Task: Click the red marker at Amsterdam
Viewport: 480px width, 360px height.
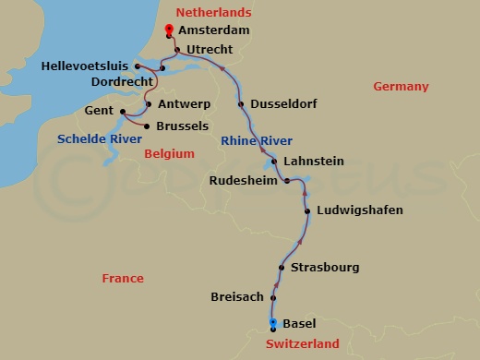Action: [x=169, y=30]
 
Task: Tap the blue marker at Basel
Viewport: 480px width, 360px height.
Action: [x=273, y=323]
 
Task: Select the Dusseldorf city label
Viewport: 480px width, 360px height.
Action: [x=283, y=104]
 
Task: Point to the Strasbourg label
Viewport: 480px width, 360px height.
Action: [x=325, y=268]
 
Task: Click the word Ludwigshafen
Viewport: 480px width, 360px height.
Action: [x=359, y=210]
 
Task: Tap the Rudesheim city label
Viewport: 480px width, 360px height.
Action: [x=243, y=180]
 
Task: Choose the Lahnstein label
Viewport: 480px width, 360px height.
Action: [x=313, y=161]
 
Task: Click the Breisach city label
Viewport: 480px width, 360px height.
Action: [x=236, y=298]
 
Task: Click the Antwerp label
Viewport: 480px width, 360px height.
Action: [x=183, y=103]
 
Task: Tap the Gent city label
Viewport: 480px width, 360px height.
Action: [x=100, y=110]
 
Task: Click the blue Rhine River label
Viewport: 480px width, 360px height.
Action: [x=257, y=140]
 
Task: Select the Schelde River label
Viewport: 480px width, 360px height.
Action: [x=100, y=138]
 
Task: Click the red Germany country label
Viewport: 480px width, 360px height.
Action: [x=401, y=87]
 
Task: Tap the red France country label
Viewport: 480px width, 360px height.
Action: [x=123, y=278]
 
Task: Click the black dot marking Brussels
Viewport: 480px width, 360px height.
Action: [x=148, y=126]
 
